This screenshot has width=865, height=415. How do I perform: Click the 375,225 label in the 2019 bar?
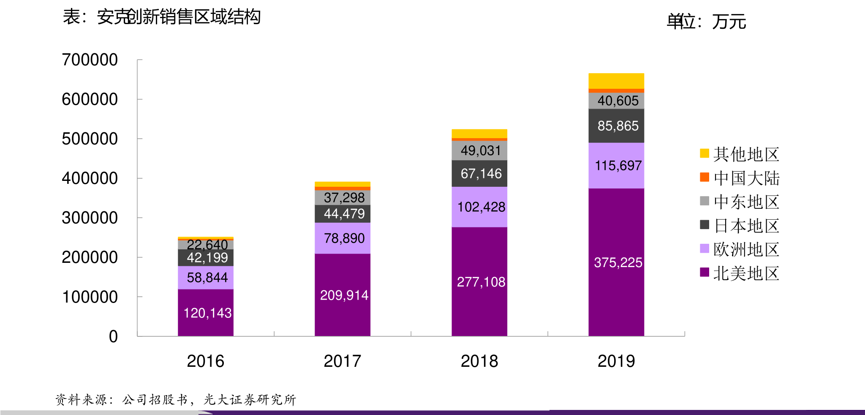tap(618, 262)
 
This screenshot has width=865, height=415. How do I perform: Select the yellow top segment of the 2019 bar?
tap(616, 81)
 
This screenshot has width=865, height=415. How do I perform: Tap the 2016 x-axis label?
tap(205, 361)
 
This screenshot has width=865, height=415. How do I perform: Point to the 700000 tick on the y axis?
tap(90, 60)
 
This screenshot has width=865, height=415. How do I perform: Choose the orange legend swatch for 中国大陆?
tap(705, 177)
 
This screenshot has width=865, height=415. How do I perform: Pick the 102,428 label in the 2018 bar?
tap(481, 207)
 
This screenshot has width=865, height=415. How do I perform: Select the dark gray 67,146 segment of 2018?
tap(479, 174)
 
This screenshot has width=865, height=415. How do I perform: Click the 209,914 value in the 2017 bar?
tap(344, 295)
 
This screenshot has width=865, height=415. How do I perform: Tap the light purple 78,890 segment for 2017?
tap(343, 238)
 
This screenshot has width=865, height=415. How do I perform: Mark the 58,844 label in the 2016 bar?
tap(207, 278)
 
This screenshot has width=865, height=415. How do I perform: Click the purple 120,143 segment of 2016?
tap(206, 313)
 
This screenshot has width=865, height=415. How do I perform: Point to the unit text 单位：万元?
tap(706, 22)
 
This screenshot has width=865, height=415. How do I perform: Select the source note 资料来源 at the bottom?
tap(175, 399)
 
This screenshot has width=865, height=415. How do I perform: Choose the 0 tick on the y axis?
tap(113, 337)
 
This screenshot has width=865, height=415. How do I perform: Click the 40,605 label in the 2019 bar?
tap(618, 101)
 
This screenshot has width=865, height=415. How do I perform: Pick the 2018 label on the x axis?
tap(479, 361)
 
